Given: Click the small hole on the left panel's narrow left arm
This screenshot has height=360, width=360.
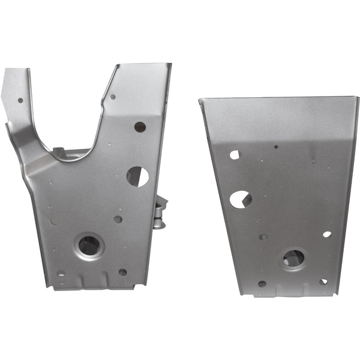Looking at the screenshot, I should [x=20, y=100].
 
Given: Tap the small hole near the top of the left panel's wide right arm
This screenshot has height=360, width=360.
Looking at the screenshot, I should [x=113, y=97].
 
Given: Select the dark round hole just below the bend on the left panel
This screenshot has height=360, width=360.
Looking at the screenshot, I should [x=140, y=127].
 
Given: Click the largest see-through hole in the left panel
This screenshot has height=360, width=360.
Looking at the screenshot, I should [x=137, y=176].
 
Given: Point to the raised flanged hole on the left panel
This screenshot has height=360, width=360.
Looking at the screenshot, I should [x=89, y=245].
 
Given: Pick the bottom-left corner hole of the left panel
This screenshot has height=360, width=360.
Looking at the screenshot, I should [x=61, y=274].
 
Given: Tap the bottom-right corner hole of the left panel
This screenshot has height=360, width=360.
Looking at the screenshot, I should [x=122, y=272].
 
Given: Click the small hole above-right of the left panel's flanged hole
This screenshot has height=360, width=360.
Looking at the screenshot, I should [x=118, y=219].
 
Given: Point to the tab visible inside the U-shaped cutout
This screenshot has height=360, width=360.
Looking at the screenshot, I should [x=58, y=152].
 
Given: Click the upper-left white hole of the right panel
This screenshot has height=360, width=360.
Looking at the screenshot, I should [x=234, y=155].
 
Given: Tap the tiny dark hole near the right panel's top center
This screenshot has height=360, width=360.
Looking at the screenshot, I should [x=276, y=146].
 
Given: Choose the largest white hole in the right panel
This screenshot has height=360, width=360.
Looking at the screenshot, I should [x=240, y=199].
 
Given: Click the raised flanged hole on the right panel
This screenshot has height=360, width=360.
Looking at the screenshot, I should [x=293, y=259].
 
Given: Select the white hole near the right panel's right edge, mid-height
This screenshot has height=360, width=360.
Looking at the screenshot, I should [x=326, y=234].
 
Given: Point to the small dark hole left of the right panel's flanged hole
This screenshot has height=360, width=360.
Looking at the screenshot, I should [x=263, y=236].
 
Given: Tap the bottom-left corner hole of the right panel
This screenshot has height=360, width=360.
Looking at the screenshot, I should [x=262, y=284].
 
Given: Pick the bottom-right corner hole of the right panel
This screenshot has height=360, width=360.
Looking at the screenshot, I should [x=323, y=281].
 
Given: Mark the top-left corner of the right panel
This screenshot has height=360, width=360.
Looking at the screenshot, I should [x=200, y=100].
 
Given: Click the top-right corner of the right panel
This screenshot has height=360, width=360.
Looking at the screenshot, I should [x=358, y=98].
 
